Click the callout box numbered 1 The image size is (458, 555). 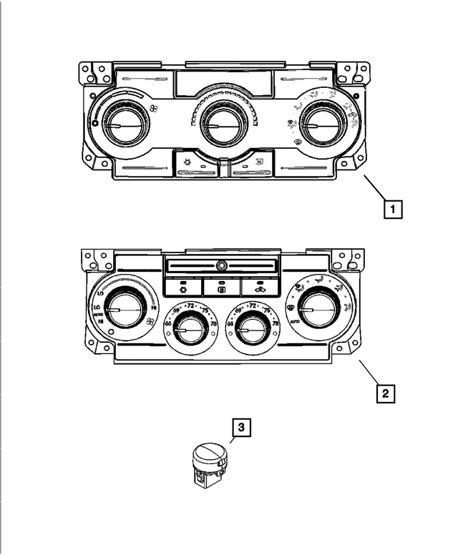coord(392,210)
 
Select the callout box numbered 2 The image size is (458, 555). coord(384,392)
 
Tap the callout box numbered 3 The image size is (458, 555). coord(241,428)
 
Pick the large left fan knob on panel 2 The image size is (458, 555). coord(122,309)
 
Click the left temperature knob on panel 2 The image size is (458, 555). coord(189,328)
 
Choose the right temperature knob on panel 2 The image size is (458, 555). coord(251,328)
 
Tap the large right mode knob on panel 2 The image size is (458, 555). coord(316,309)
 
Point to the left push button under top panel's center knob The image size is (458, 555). coord(193,164)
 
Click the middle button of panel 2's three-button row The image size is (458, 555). coord(220,288)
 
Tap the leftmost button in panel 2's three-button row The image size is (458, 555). coord(182,288)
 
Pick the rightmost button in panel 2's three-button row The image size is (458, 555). coord(258,288)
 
